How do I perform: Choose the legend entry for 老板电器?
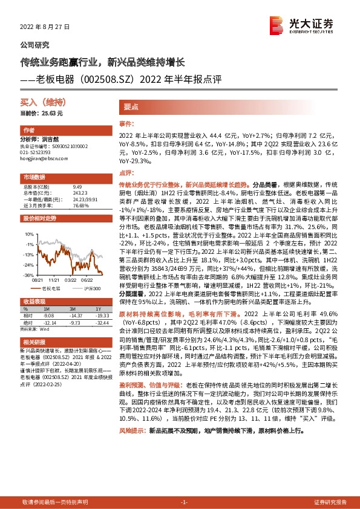[x=51, y=289]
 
